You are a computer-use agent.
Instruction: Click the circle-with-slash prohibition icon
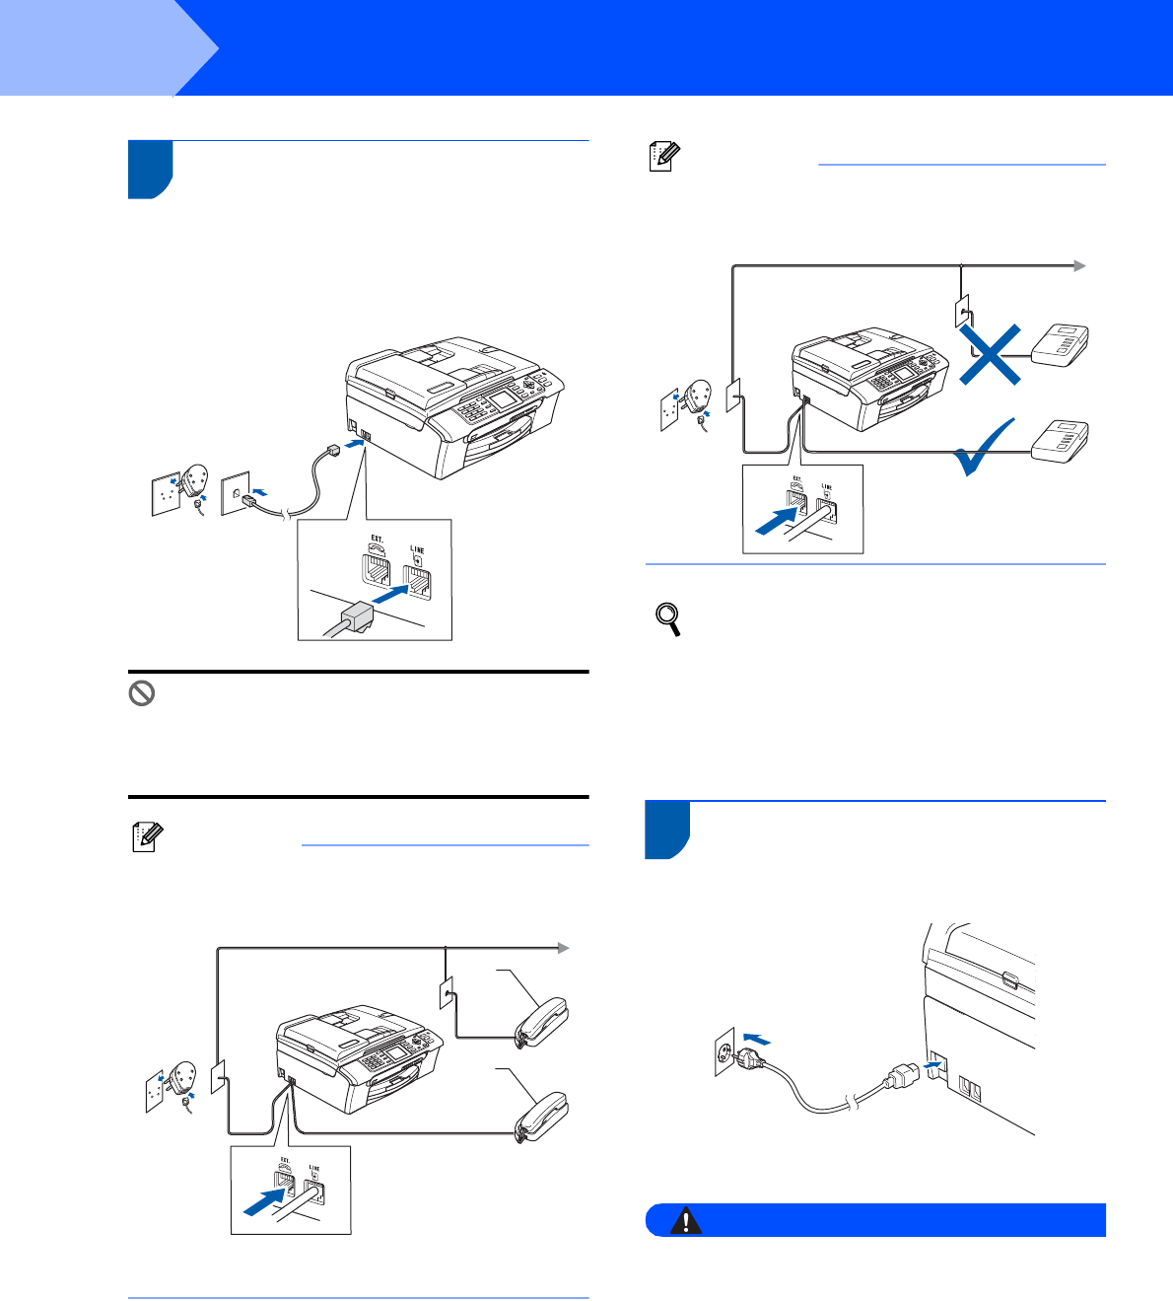pos(142,693)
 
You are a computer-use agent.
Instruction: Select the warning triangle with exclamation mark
pos(685,1221)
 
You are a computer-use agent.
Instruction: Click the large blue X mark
pos(991,356)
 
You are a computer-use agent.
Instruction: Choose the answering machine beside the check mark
pos(1061,440)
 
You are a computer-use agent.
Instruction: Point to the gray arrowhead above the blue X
pos(1080,265)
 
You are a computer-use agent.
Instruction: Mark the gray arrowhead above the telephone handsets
pos(564,948)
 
